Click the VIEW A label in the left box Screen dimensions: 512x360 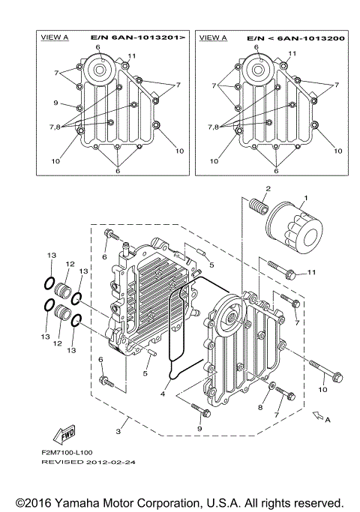point(54,35)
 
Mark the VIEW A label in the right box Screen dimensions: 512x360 point(214,35)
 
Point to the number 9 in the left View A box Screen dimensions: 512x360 point(55,103)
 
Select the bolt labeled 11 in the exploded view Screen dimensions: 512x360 point(280,269)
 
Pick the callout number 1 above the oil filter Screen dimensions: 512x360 point(304,199)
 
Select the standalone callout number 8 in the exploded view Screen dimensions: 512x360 point(262,407)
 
